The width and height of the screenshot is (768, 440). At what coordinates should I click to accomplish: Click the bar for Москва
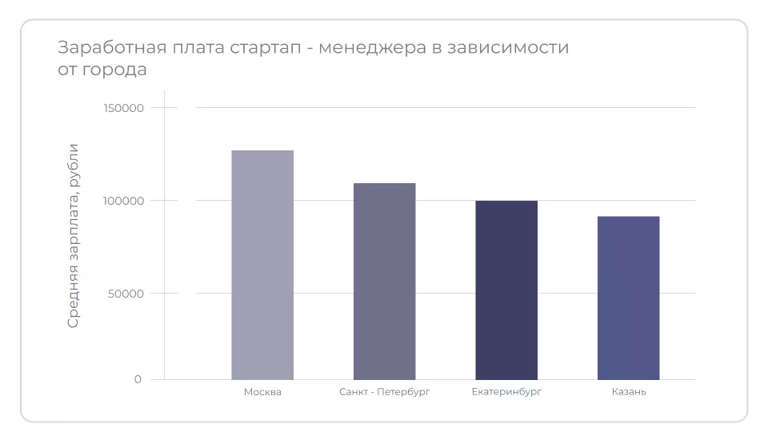coord(262,265)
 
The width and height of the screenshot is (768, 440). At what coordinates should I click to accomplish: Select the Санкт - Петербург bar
coord(384,281)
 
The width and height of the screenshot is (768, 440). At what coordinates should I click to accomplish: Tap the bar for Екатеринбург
coord(506,290)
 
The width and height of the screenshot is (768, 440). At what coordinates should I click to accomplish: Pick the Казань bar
coord(628,298)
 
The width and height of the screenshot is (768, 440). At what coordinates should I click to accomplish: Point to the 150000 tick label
coord(123,108)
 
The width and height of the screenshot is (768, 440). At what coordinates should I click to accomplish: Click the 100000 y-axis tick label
coord(123,201)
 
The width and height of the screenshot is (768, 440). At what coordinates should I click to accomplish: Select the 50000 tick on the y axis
coord(126,294)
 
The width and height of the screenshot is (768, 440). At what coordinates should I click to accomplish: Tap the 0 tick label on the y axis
coord(138,380)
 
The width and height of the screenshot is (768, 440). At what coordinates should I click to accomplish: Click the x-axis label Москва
coord(262,392)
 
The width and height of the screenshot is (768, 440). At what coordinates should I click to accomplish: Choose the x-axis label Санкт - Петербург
coord(384,392)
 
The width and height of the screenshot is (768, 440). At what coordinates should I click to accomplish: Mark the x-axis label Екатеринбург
coord(506,392)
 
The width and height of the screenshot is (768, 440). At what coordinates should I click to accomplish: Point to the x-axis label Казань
coord(629,392)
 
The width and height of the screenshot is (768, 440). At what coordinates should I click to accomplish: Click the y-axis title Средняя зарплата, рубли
coord(74,235)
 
